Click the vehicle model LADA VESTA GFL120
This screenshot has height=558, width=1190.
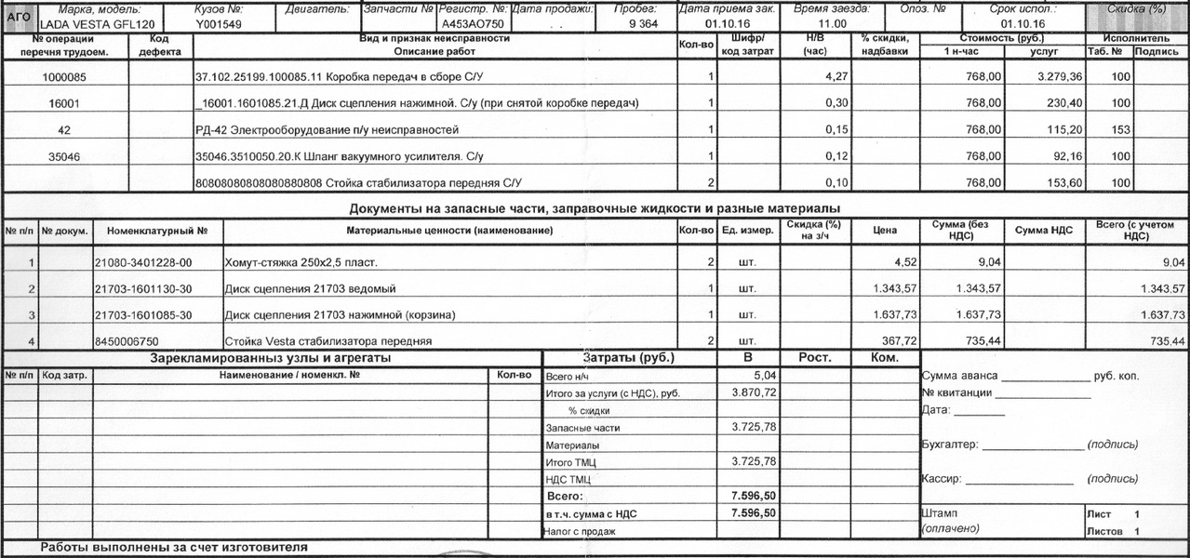(97, 24)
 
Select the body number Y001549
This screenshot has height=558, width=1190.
(219, 24)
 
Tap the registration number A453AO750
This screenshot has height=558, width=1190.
(473, 24)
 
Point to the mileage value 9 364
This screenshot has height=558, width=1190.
(643, 24)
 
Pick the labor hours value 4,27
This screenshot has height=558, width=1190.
(829, 76)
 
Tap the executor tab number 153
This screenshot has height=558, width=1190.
(1120, 130)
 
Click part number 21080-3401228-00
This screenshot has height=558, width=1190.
(143, 263)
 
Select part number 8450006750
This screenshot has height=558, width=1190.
(127, 342)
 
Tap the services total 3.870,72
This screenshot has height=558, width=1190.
(755, 393)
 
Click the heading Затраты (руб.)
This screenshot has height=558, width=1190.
(629, 358)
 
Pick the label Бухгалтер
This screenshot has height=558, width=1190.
(949, 445)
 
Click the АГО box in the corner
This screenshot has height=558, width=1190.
(20, 17)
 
